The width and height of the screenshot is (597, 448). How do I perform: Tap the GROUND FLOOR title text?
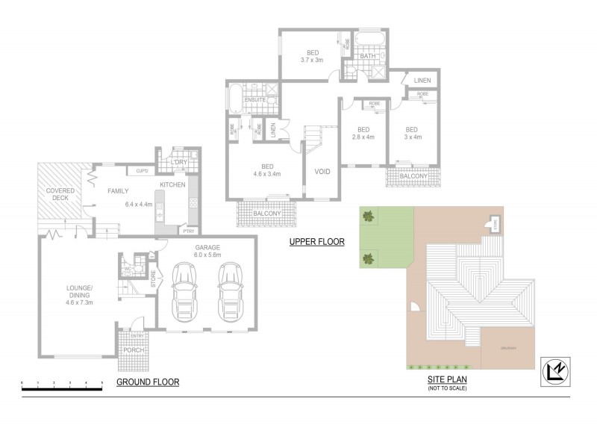click(x=148, y=382)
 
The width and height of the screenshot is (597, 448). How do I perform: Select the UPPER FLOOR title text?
click(x=316, y=242)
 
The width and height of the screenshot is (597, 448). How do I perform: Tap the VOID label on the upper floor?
click(x=322, y=172)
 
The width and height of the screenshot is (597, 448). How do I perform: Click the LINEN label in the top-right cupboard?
click(x=421, y=80)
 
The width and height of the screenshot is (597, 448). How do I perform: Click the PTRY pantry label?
click(x=188, y=231)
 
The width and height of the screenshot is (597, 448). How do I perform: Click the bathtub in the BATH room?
click(x=368, y=38)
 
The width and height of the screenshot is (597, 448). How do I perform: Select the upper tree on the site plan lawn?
click(x=368, y=217)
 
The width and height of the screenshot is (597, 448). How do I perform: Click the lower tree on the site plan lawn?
click(x=368, y=259)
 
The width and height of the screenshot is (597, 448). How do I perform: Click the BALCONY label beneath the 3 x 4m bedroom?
click(x=413, y=175)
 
